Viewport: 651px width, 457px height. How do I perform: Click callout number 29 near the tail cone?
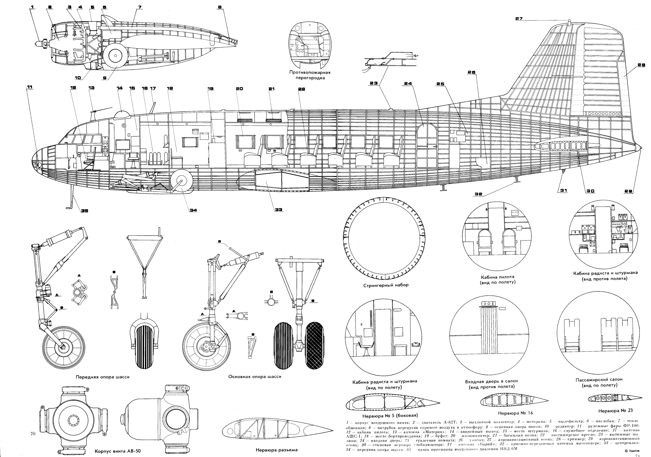(x=629, y=191)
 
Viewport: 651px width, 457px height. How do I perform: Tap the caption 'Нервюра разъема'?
(x=277, y=450)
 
